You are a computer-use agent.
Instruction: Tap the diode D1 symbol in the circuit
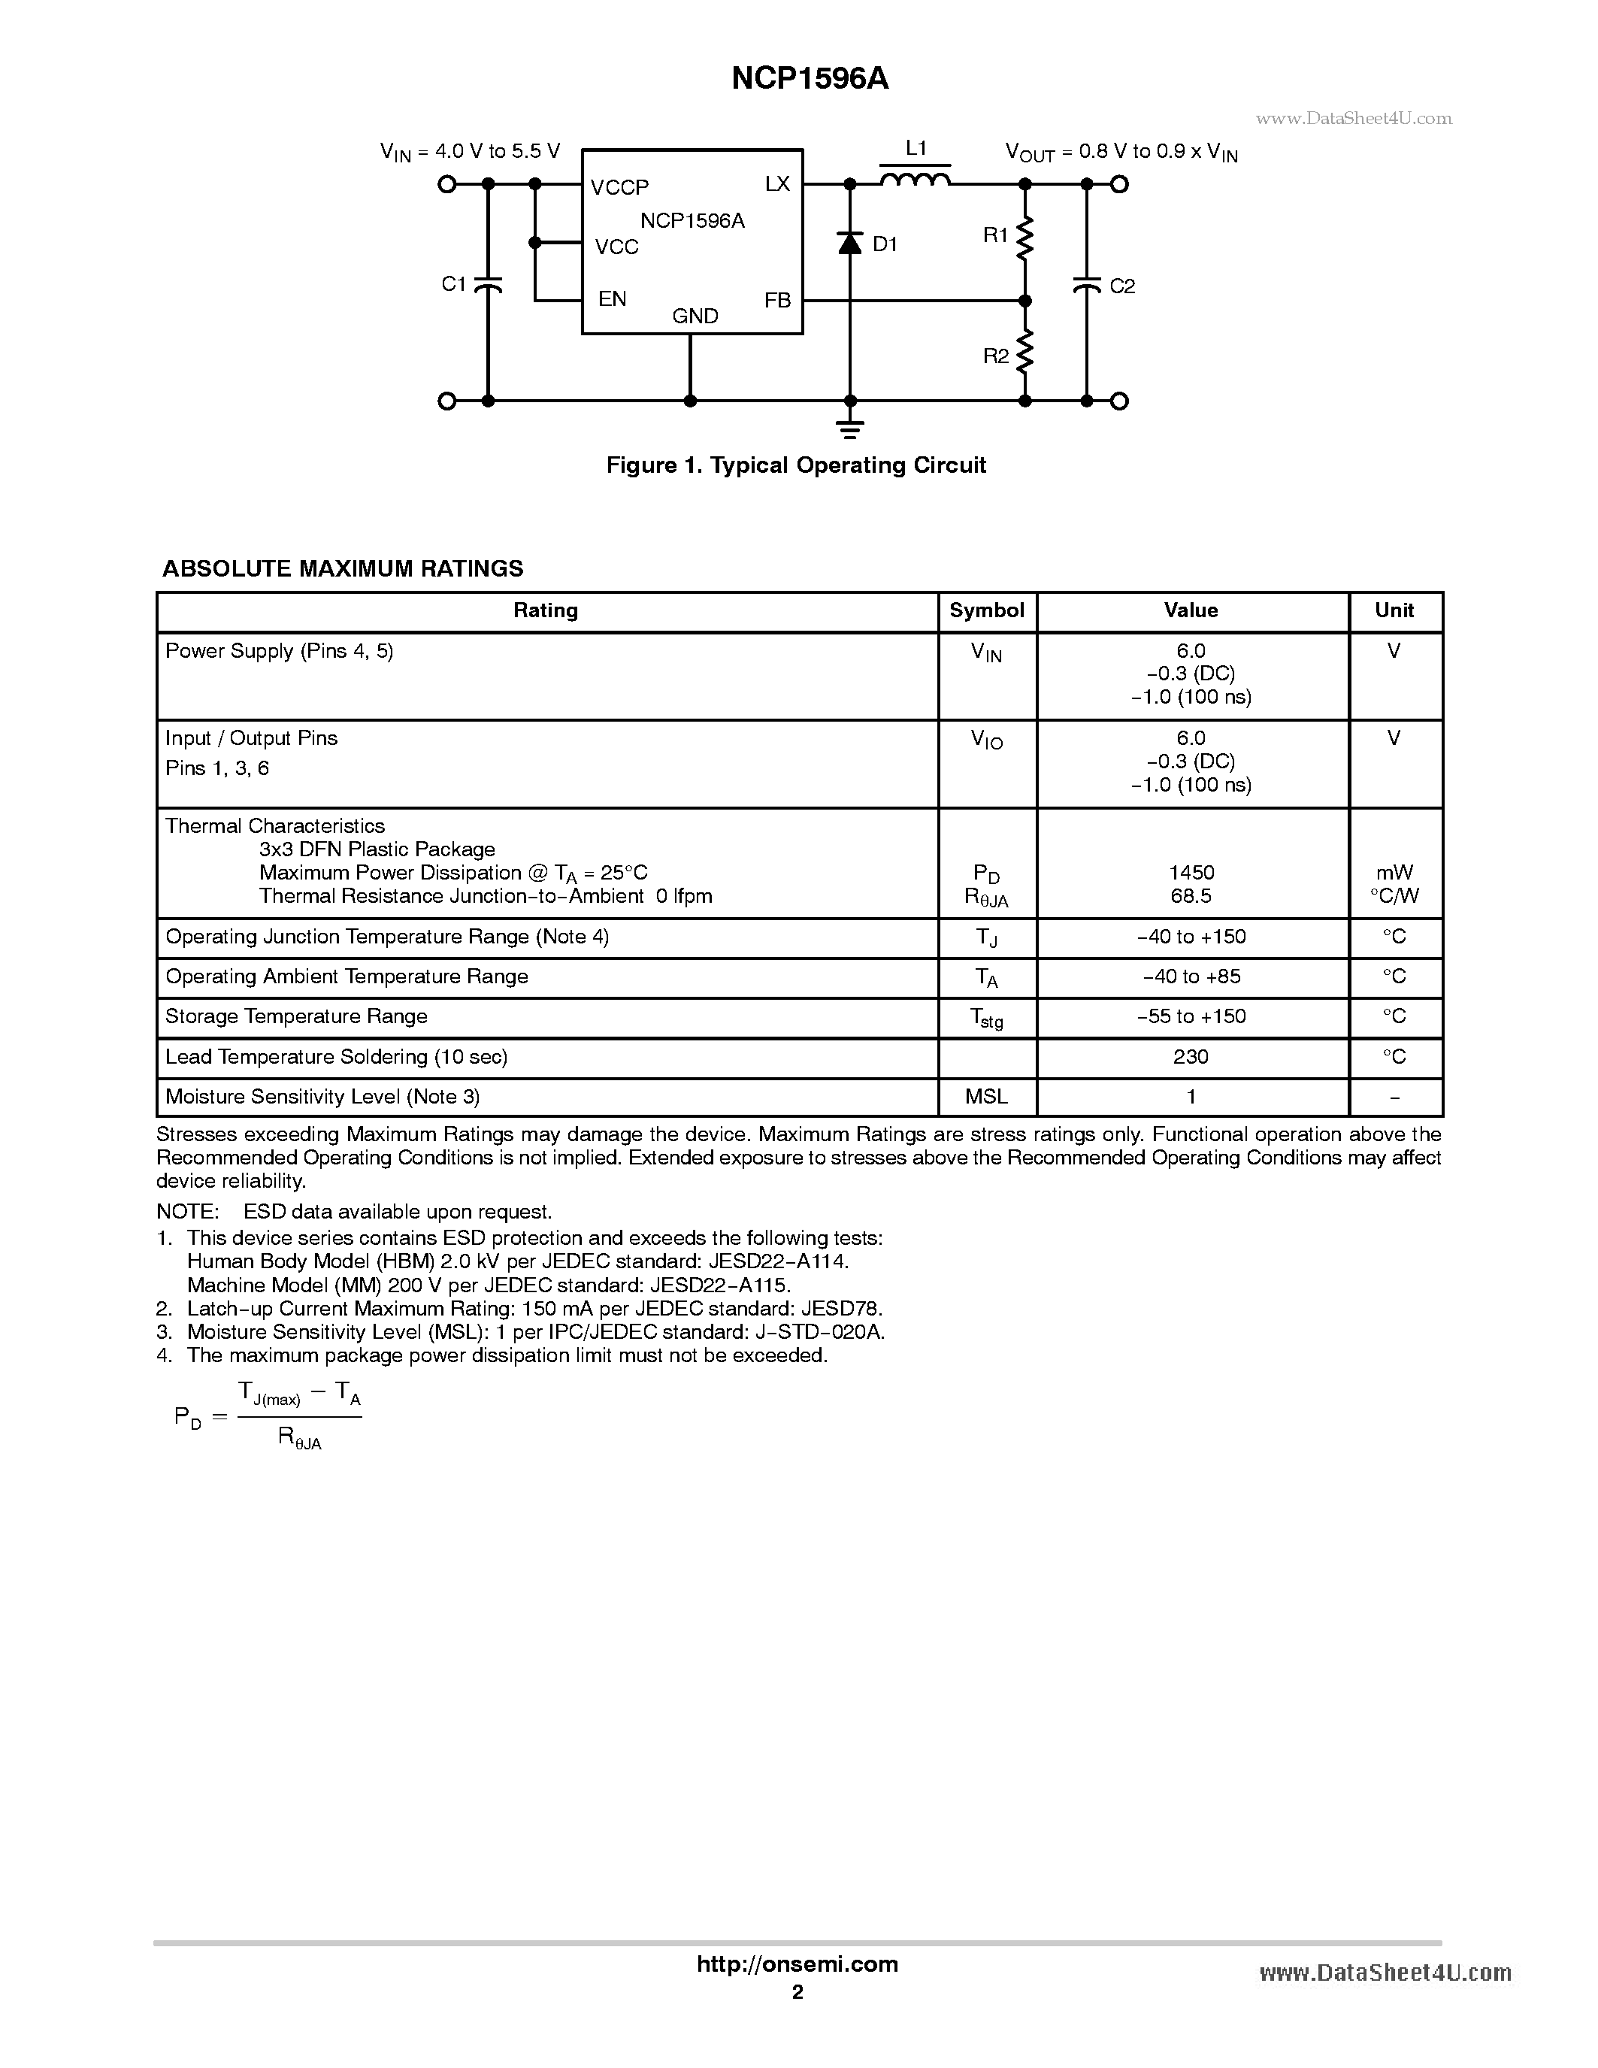pos(850,244)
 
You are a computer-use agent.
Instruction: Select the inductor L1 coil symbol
pos(916,178)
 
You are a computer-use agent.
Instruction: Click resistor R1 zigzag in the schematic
pos(1024,238)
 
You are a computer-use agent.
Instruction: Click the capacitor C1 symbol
pos(488,284)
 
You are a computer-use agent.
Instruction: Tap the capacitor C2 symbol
pos(1087,284)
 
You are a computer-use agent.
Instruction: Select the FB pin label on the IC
pos(777,300)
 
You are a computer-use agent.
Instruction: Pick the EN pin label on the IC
pos(613,299)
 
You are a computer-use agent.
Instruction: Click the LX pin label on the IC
pos(777,183)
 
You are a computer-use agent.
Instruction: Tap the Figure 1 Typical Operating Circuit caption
pos(796,465)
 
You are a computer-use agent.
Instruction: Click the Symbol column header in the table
pos(986,610)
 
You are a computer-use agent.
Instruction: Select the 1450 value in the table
pos(1191,872)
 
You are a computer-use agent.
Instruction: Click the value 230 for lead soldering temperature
pos(1191,1057)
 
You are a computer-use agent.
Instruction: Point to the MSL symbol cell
pos(986,1097)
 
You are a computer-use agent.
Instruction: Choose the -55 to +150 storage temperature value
pos(1191,1016)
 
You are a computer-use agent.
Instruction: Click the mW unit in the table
pos(1394,872)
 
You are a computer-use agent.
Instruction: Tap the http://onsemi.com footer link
pos(797,1964)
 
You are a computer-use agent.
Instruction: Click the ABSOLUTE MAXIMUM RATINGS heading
pos(343,568)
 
